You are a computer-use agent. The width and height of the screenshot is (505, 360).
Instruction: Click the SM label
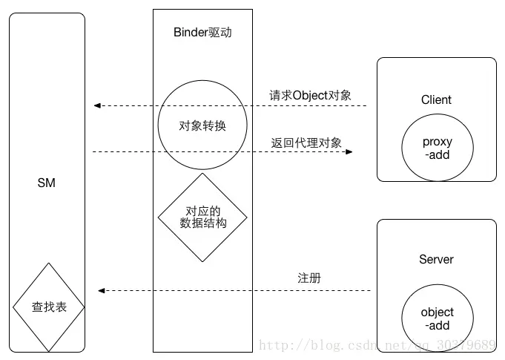(47, 183)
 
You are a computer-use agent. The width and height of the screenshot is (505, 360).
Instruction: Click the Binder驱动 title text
(202, 32)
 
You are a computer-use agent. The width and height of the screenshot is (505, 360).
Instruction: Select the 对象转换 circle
(202, 125)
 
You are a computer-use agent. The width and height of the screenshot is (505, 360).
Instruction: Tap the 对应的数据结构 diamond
(202, 217)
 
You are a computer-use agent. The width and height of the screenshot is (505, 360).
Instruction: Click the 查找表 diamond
(49, 307)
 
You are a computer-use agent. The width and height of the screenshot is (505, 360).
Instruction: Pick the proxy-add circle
(437, 148)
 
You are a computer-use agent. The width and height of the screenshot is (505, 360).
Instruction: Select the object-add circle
(437, 318)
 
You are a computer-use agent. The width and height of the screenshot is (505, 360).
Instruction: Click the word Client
(436, 99)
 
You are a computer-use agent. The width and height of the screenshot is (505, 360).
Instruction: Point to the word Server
(436, 259)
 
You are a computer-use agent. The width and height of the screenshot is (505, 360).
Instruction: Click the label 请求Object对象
(310, 95)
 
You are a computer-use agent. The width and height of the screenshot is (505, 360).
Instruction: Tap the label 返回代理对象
(306, 143)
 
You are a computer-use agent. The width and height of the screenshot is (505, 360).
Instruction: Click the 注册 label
(309, 278)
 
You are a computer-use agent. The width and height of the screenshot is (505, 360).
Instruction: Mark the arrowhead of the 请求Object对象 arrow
(97, 106)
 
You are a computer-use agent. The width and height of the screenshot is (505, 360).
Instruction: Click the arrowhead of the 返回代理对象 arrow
(349, 152)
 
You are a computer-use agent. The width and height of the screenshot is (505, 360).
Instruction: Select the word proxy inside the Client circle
(437, 142)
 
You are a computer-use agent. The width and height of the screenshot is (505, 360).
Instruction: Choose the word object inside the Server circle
(437, 312)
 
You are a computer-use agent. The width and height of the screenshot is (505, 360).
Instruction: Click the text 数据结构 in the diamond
(202, 223)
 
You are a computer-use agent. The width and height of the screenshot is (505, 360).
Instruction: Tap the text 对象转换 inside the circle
(202, 125)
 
